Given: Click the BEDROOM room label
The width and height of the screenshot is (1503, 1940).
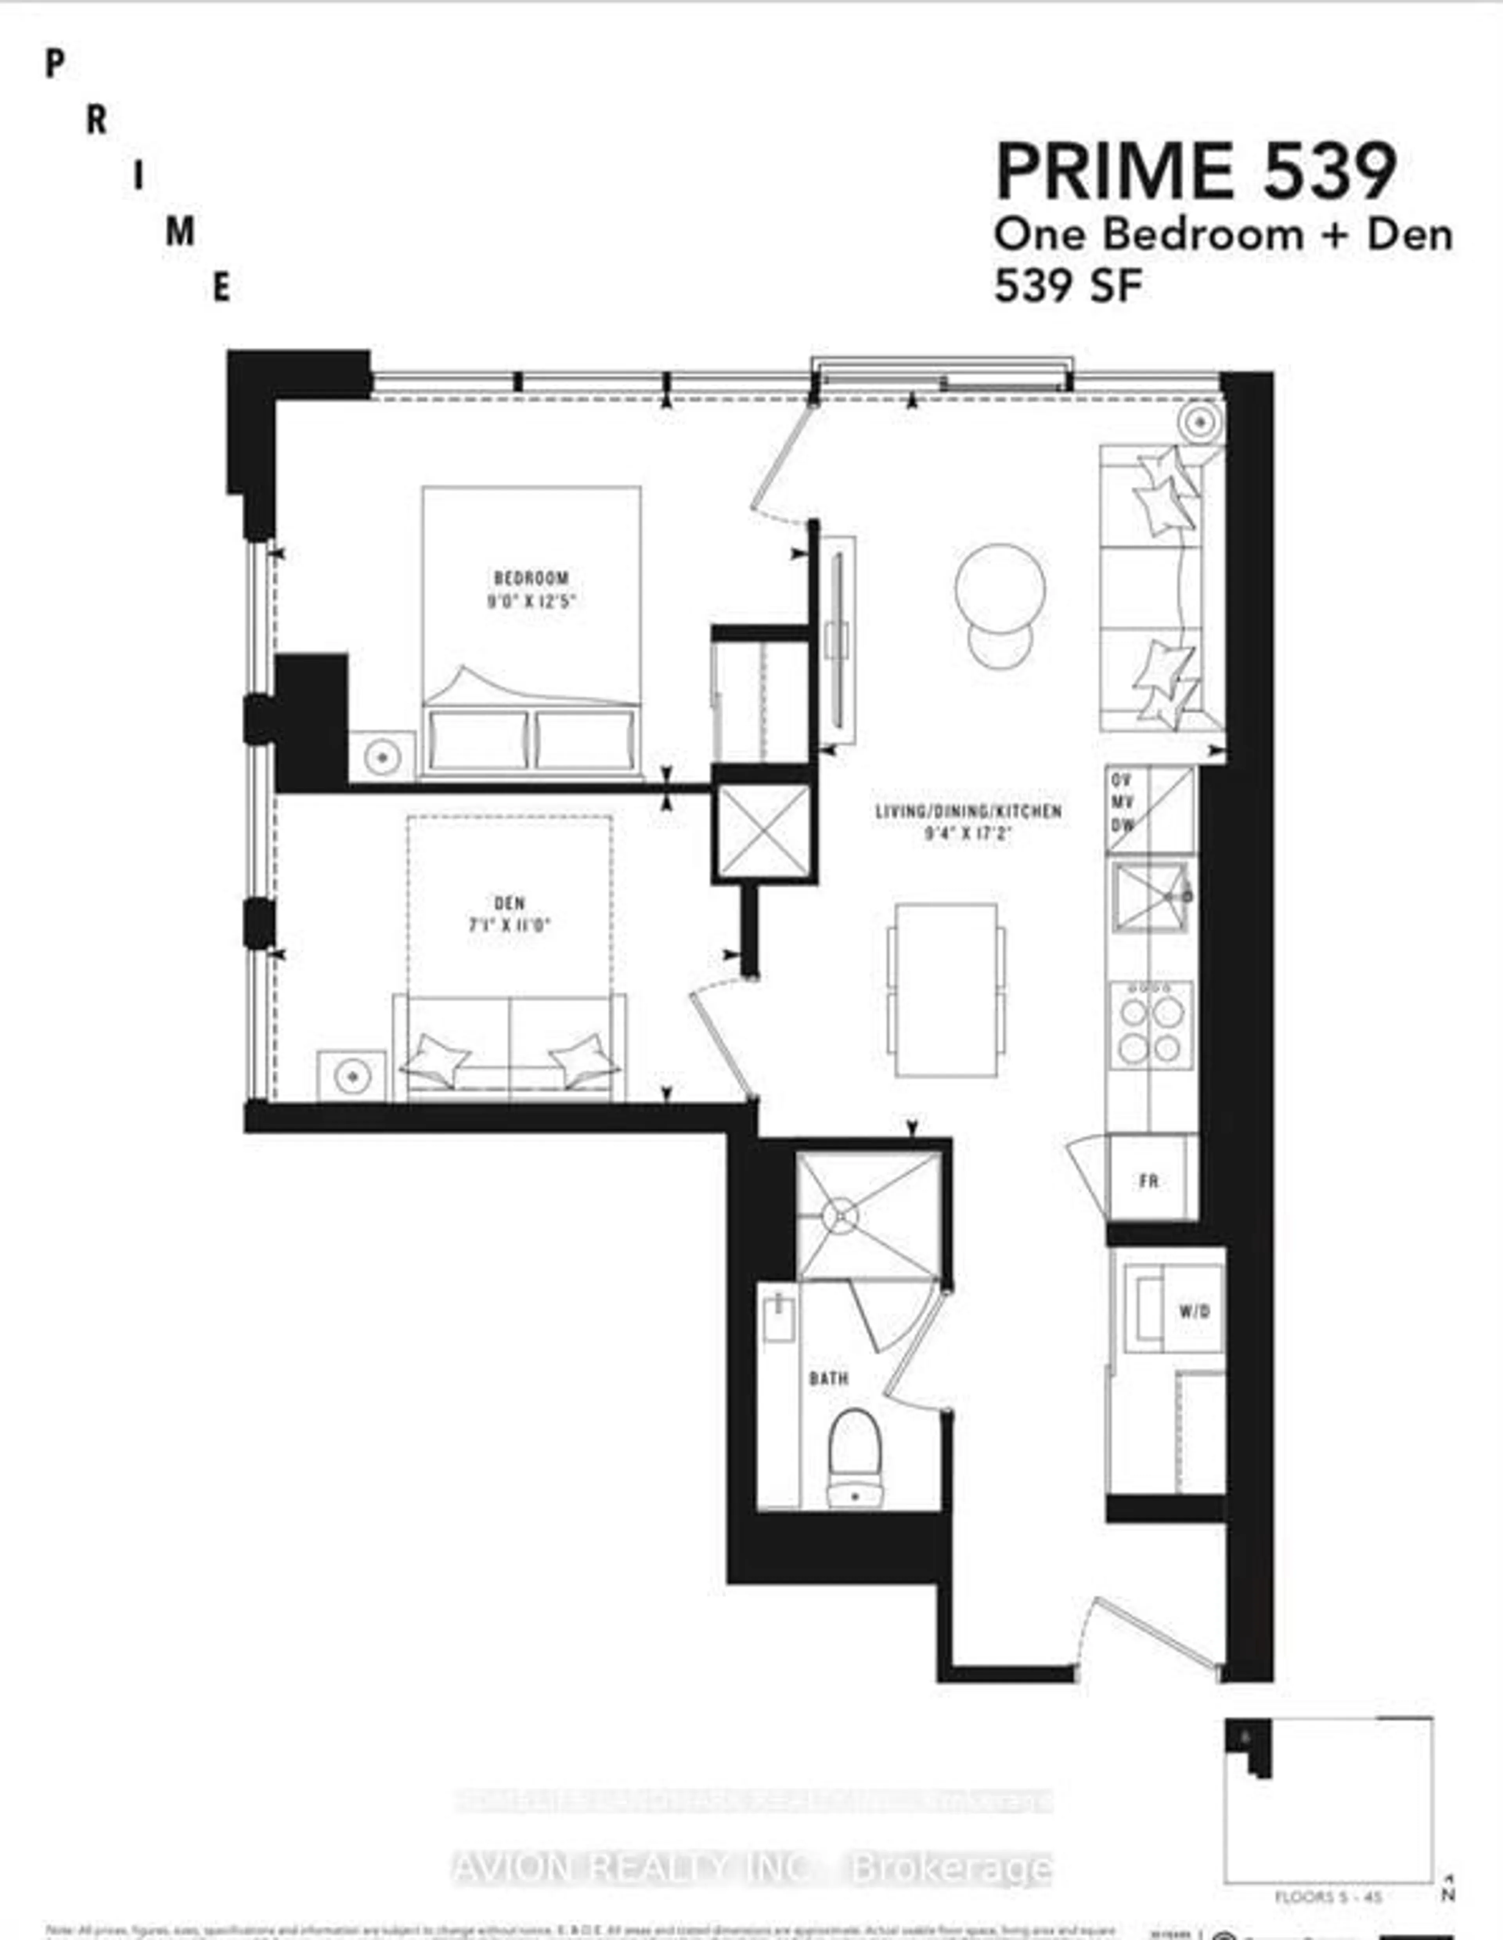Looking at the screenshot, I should [x=530, y=577].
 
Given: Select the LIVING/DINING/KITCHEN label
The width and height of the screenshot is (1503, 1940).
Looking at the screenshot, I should [x=968, y=811].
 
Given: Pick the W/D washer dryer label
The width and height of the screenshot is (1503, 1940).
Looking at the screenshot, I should [x=1195, y=1311].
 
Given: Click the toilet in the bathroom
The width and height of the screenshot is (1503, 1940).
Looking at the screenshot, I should [x=854, y=1457].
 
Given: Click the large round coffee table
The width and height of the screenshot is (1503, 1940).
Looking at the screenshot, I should [x=1000, y=588].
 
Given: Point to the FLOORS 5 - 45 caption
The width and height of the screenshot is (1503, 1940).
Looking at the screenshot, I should [x=1328, y=1897].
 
